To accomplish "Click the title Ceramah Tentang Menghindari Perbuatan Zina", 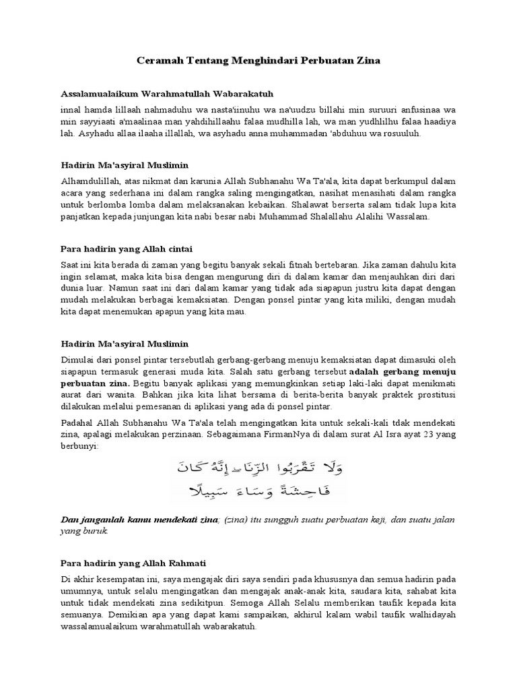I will click(x=258, y=61).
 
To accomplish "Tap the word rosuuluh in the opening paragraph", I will click(x=420, y=134).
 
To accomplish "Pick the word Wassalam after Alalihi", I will click(x=417, y=218).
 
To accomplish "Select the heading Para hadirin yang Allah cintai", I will click(x=127, y=249).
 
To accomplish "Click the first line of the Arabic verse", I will click(x=258, y=467).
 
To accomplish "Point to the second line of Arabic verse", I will click(x=258, y=493).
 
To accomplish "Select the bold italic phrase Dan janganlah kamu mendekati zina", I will click(x=139, y=520).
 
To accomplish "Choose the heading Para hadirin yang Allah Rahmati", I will click(x=133, y=563).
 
